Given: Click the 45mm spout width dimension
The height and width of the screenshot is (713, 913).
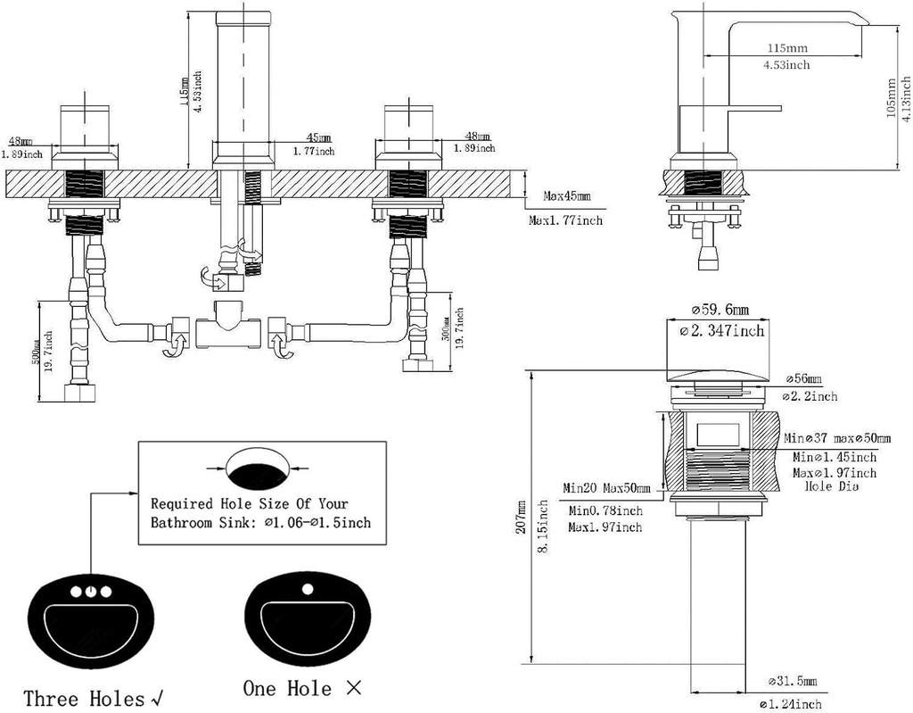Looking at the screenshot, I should [x=318, y=138].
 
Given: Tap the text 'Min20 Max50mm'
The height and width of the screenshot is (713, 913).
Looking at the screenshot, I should [x=606, y=488].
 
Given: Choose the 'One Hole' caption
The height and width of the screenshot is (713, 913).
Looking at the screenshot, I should [x=287, y=688].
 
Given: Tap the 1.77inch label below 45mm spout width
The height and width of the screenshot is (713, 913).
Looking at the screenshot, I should [x=314, y=152].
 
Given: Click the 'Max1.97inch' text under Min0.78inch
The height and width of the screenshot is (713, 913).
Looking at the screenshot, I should [x=605, y=527].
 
